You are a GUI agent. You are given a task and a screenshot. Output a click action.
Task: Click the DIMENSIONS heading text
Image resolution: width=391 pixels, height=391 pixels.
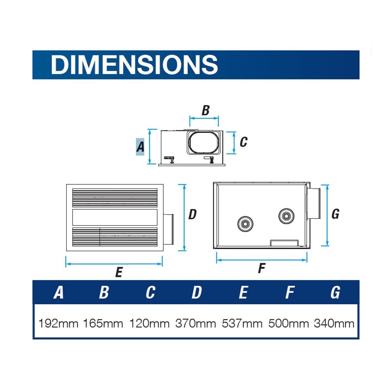pyautogui.click(x=134, y=65)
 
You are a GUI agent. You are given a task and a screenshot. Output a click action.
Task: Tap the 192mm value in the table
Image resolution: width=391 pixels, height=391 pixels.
pyautogui.click(x=58, y=324)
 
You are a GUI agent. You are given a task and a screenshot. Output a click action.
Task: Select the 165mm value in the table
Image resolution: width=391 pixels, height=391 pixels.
pyautogui.click(x=103, y=324)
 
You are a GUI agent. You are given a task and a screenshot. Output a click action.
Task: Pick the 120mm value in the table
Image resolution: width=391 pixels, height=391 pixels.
pyautogui.click(x=149, y=324)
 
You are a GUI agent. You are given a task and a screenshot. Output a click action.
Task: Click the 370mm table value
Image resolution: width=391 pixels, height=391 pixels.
pyautogui.click(x=195, y=324)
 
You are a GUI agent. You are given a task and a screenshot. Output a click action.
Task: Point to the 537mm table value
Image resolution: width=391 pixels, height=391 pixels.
pyautogui.click(x=242, y=324)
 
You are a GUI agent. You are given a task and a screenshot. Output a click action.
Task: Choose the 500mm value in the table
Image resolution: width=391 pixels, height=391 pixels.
pyautogui.click(x=289, y=324)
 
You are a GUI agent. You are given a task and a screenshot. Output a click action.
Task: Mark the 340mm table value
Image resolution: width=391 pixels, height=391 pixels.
pyautogui.click(x=334, y=324)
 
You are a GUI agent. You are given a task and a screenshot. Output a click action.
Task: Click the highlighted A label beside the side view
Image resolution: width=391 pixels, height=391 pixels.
pyautogui.click(x=140, y=147)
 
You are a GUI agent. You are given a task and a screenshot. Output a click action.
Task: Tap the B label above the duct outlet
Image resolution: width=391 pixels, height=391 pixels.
pyautogui.click(x=206, y=110)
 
